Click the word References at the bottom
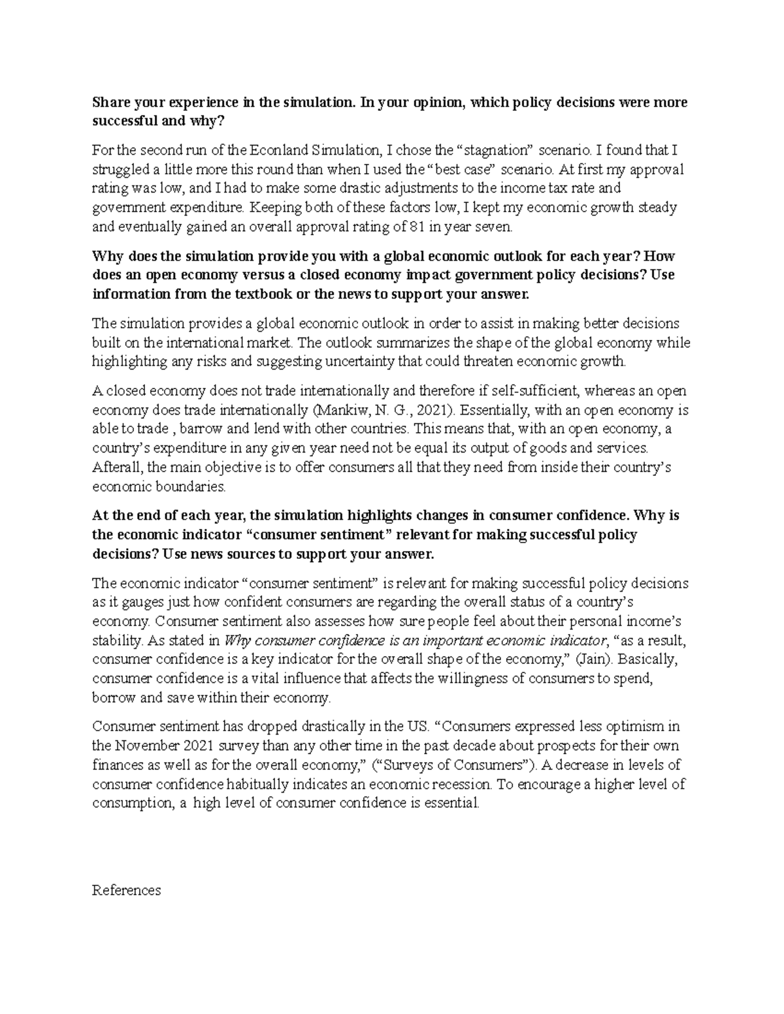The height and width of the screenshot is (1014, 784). tap(127, 891)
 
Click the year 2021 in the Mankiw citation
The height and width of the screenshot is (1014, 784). tap(431, 410)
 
